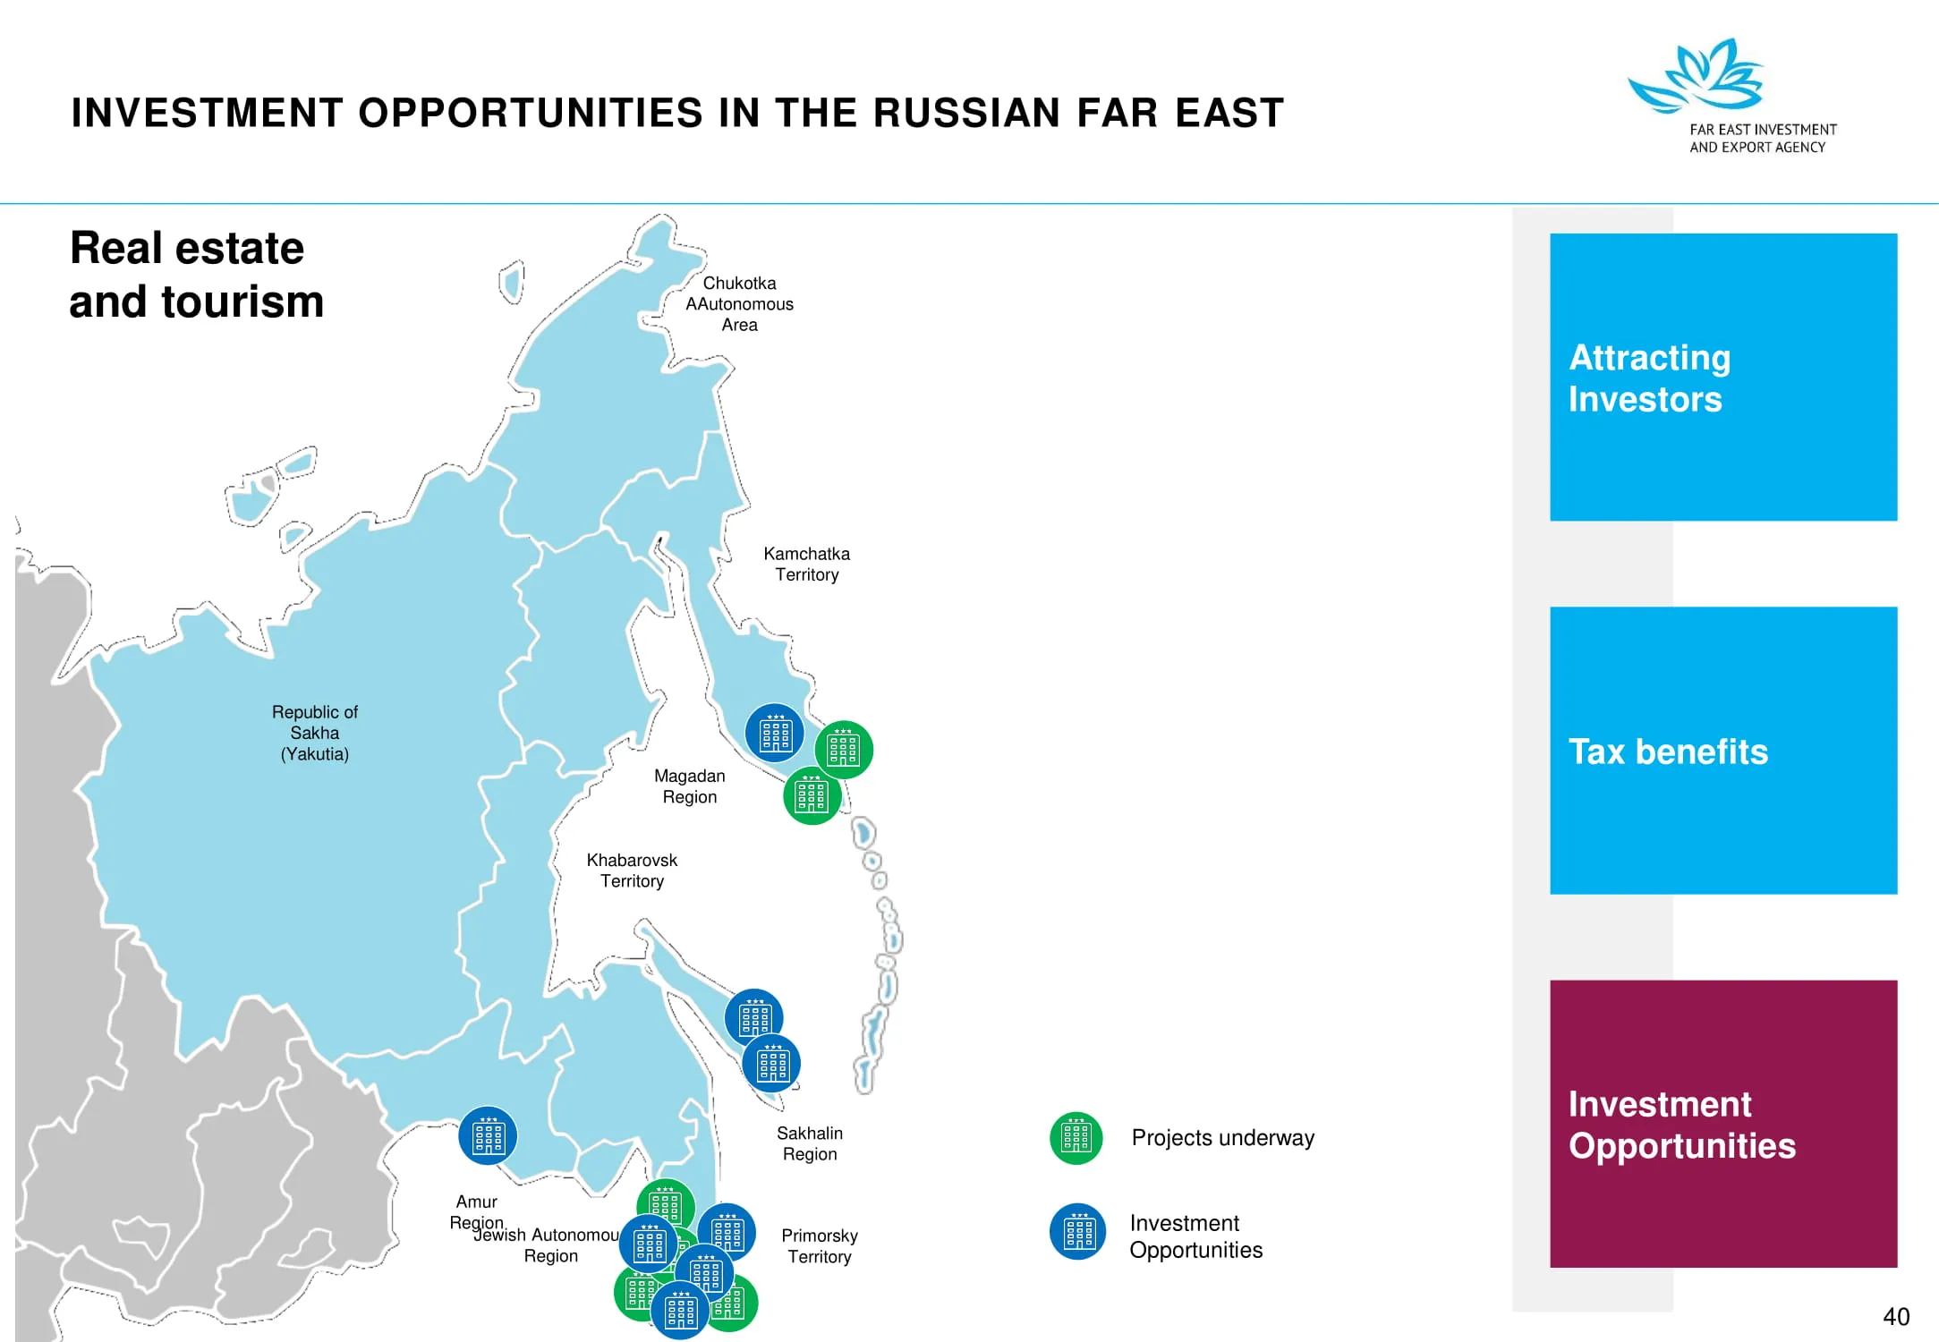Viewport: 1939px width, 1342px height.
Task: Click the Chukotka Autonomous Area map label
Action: point(739,304)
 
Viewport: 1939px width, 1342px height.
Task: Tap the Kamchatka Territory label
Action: point(806,565)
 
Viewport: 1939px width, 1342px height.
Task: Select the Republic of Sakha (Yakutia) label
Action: point(315,733)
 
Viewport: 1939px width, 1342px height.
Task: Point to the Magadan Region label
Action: point(689,786)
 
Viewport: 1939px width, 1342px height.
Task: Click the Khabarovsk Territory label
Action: point(632,871)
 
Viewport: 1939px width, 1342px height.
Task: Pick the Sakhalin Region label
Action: point(810,1143)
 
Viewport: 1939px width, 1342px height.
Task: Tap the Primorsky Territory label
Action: point(820,1246)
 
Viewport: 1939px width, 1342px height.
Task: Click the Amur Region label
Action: point(477,1212)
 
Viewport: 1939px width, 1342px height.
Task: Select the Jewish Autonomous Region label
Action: point(547,1245)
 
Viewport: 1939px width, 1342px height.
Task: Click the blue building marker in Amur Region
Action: point(488,1136)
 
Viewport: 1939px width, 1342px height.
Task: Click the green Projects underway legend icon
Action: point(1076,1138)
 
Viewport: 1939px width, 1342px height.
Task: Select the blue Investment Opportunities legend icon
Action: point(1078,1232)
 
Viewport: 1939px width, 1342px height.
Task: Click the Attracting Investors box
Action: point(1723,378)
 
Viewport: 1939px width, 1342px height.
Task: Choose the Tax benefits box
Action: point(1723,751)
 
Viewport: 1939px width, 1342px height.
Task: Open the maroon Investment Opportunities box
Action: point(1723,1124)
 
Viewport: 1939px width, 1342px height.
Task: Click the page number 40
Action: point(1896,1317)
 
